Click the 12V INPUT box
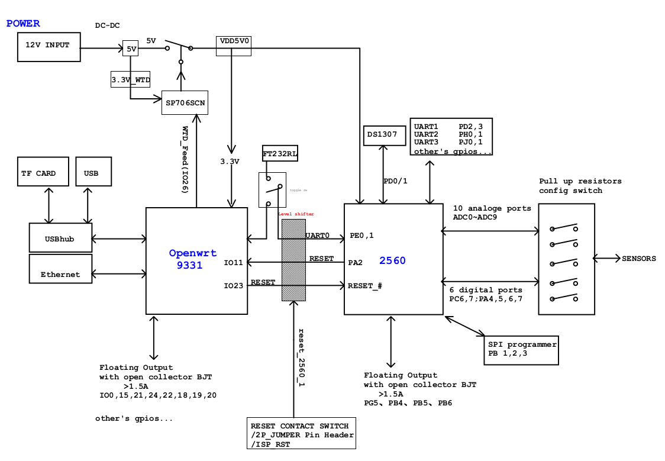(49, 46)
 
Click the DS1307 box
(385, 135)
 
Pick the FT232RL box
(280, 153)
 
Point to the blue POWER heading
(23, 24)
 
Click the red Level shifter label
(296, 214)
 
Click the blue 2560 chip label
(392, 260)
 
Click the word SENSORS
(638, 259)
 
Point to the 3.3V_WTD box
(131, 79)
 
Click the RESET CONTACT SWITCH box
(302, 435)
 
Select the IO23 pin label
(233, 286)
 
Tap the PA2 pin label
(355, 262)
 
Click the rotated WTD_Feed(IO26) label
(185, 159)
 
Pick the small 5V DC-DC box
(131, 49)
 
